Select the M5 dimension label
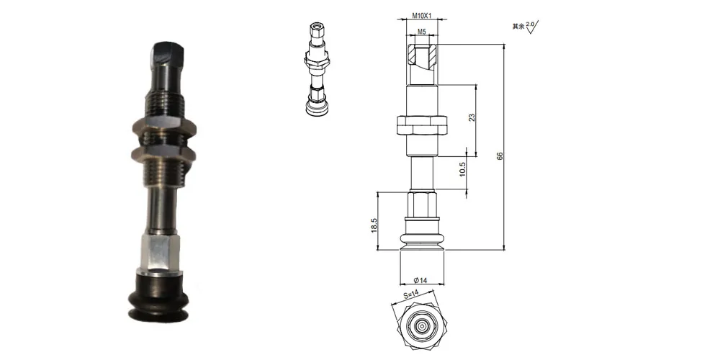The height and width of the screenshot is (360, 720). click(x=422, y=32)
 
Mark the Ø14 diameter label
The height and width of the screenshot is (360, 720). click(x=421, y=279)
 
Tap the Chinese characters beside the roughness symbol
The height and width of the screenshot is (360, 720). click(x=517, y=27)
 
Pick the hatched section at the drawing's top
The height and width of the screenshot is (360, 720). click(x=421, y=55)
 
